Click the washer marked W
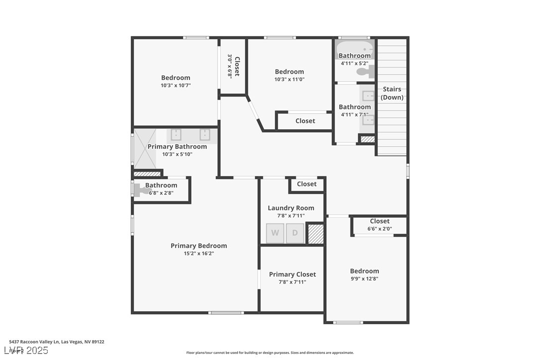[275, 233]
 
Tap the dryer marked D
[295, 233]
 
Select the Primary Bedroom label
[198, 246]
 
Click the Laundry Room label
[291, 208]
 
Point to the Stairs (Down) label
[392, 93]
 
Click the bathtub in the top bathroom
[354, 49]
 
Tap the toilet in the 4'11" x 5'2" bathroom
[365, 72]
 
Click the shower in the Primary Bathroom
[145, 149]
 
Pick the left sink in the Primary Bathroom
[176, 135]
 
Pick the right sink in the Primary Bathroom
[204, 135]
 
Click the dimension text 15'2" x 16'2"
[198, 254]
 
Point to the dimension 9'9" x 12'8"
[364, 278]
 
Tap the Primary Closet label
[292, 274]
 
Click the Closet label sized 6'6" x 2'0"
[379, 221]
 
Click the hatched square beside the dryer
[316, 234]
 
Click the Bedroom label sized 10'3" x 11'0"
[289, 72]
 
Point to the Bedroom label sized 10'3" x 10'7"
[176, 78]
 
